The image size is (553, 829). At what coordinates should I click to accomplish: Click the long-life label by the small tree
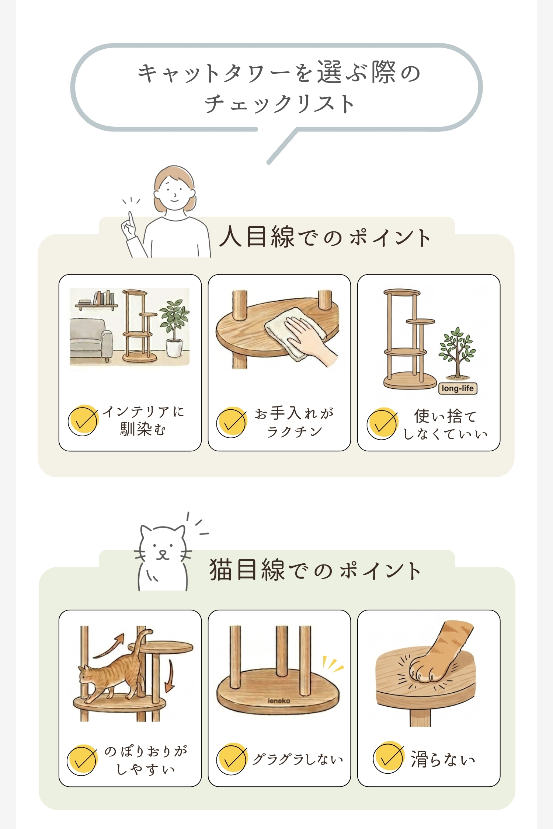458,388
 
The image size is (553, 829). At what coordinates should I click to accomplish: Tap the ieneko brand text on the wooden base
279,701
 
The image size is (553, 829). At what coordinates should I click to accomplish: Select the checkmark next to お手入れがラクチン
232,422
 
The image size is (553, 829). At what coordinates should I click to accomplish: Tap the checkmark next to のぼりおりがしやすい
82,760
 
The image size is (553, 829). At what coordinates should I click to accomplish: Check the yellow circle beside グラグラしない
232,759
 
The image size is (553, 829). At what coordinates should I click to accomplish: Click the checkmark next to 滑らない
388,757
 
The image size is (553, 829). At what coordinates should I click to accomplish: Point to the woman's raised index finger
131,218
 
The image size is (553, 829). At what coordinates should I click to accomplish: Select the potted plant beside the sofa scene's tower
174,328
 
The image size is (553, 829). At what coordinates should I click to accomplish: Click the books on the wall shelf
102,298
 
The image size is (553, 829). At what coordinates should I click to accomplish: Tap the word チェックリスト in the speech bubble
279,104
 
